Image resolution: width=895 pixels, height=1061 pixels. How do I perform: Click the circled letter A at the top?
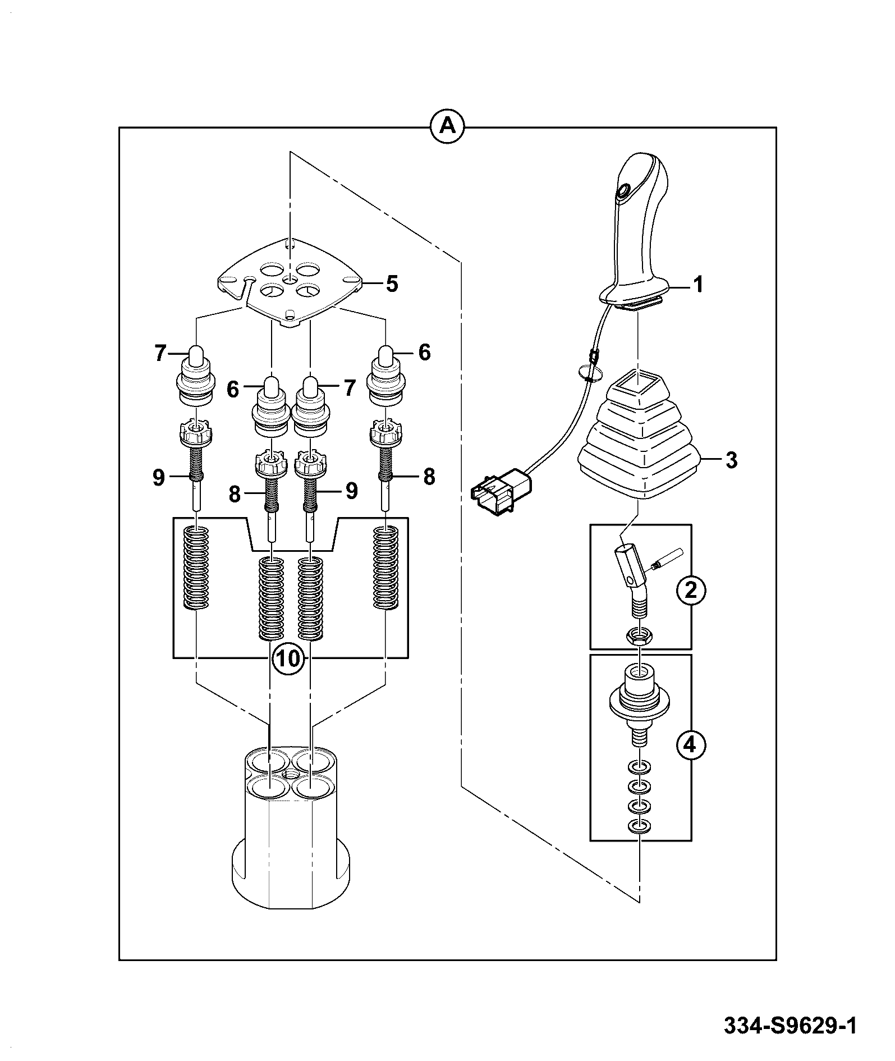tap(448, 127)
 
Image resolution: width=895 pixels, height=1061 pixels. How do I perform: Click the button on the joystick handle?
tap(623, 193)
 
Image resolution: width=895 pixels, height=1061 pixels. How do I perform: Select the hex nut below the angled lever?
tap(637, 637)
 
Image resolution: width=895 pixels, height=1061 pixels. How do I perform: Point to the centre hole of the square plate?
tap(290, 280)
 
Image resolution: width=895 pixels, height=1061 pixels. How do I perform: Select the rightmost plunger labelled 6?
tap(385, 376)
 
